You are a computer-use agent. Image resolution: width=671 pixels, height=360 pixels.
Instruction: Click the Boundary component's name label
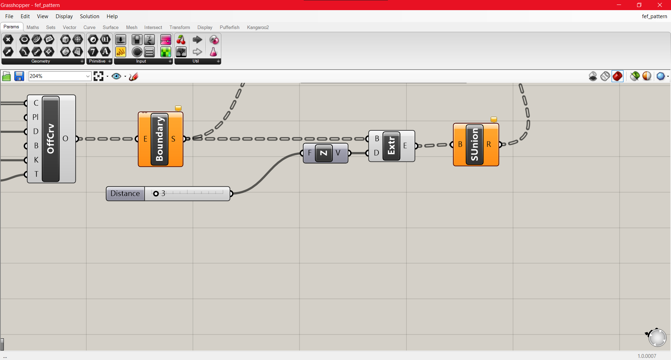pos(160,139)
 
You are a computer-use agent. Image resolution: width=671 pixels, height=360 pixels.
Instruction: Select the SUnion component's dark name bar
pos(475,145)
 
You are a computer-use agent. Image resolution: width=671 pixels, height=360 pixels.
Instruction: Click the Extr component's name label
pos(391,146)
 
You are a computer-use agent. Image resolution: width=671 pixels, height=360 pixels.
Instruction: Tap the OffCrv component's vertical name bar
pos(51,139)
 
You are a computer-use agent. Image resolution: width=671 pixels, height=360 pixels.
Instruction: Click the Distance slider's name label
pos(125,194)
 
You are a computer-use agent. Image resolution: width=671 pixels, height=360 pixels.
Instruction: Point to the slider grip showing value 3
pos(156,194)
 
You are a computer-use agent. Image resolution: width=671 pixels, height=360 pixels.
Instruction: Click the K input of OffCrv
pos(36,160)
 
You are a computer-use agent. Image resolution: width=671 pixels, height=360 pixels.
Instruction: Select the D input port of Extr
pos(376,153)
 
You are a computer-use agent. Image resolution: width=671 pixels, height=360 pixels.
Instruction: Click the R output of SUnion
pos(489,144)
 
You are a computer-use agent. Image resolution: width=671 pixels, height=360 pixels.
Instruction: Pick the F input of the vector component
pos(309,153)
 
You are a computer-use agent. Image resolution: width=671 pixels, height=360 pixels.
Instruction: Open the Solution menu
pos(89,16)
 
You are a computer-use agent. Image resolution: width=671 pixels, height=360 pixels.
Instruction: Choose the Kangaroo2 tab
pos(258,27)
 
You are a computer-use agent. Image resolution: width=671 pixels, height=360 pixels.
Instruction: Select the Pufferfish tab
pos(229,27)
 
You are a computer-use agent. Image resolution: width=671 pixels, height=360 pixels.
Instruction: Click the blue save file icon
pos(19,76)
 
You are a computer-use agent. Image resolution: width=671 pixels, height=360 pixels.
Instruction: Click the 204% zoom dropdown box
pos(59,76)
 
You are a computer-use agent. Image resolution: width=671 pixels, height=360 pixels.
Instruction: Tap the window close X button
pos(660,5)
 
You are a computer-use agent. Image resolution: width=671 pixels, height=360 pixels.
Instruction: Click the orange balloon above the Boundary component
pos(178,108)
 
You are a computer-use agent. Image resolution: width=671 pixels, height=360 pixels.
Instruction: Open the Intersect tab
pos(153,27)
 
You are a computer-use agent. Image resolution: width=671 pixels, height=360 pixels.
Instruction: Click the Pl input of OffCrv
pos(35,117)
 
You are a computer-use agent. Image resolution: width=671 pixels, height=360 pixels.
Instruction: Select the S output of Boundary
pos(173,139)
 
